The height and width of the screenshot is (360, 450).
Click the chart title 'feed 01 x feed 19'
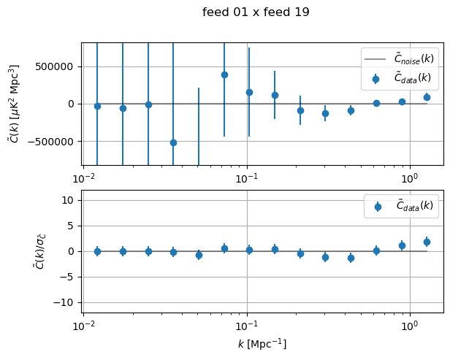pyautogui.click(x=256, y=12)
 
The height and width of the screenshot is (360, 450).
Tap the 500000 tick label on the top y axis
pyautogui.click(x=56, y=66)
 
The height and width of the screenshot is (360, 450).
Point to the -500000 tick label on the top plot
pyautogui.click(x=53, y=142)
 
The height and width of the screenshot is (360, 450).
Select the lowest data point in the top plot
pyautogui.click(x=173, y=142)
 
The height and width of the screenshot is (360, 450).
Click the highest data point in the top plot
pyautogui.click(x=224, y=74)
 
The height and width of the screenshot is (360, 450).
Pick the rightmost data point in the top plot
pyautogui.click(x=427, y=97)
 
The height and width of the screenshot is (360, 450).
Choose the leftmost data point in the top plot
pyautogui.click(x=97, y=106)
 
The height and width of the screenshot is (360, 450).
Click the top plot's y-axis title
pyautogui.click(x=14, y=103)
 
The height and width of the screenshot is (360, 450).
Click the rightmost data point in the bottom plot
pyautogui.click(x=427, y=242)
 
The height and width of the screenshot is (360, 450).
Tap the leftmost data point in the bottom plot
pyautogui.click(x=97, y=251)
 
